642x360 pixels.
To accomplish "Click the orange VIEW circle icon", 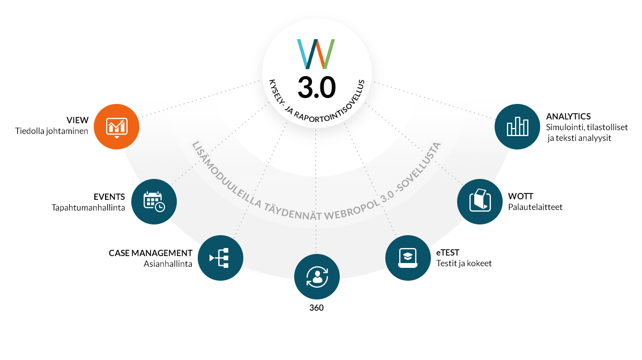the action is [117, 127].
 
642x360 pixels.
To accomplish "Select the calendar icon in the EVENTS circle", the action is [154, 201].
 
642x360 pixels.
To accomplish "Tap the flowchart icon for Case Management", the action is [220, 258].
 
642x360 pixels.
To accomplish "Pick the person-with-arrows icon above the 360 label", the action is [317, 277].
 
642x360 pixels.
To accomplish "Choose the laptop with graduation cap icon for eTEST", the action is [408, 258].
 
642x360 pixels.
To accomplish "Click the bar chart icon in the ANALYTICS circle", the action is [518, 126].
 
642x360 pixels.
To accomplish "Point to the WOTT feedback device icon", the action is [480, 200].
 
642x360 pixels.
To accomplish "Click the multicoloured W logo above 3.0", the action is [316, 54].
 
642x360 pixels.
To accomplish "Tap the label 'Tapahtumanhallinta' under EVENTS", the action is [88, 207].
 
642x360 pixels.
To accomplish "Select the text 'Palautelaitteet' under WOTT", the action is [535, 207].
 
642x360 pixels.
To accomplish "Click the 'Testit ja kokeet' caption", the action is [464, 264].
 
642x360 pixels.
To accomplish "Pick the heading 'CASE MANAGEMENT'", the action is [150, 253].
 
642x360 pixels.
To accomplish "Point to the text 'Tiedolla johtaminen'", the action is [51, 131].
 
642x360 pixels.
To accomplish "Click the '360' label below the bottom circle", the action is [317, 307].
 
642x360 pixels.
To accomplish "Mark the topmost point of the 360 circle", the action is [317, 254].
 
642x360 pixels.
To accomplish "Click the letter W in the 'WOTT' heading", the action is [513, 197].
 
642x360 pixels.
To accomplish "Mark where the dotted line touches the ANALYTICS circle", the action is [496, 119].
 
